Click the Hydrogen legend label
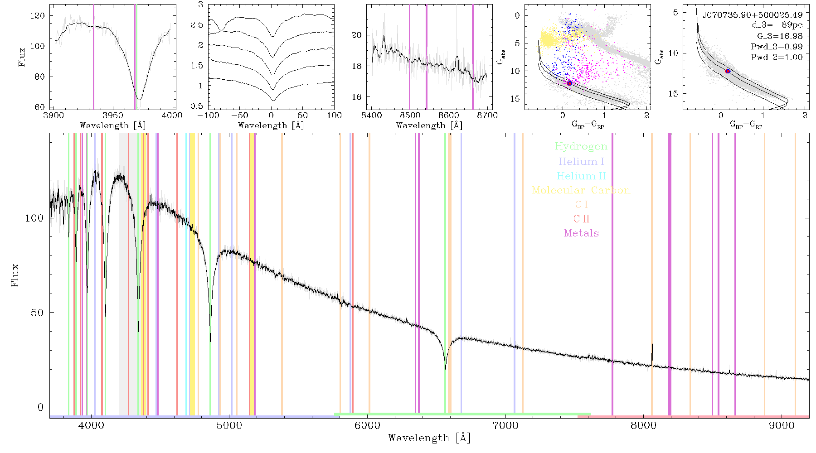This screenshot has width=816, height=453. tap(581, 147)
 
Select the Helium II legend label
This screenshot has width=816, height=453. tap(581, 176)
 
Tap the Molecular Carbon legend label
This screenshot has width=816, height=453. tap(581, 190)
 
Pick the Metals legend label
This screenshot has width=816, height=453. tap(582, 233)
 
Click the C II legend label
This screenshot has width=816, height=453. tap(581, 219)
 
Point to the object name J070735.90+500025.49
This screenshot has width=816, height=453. tap(753, 15)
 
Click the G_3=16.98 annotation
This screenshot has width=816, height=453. tap(780, 36)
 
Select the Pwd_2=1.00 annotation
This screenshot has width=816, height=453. tap(777, 57)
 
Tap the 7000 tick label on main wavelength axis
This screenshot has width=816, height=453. tap(505, 425)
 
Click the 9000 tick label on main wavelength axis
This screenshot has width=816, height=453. tap(781, 425)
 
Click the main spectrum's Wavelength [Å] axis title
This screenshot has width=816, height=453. tap(429, 438)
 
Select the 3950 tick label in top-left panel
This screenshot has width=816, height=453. tap(113, 115)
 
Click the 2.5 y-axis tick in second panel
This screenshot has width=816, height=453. tap(197, 24)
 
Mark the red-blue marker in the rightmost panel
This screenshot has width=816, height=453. tap(728, 71)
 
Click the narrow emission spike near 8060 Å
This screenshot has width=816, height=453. tap(652, 354)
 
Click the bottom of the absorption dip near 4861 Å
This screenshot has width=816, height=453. tap(210, 341)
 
